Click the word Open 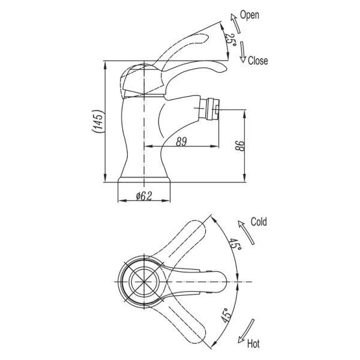(249, 15)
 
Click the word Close (257, 61)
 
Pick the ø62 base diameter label (144, 195)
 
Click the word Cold (259, 221)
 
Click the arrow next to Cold (244, 232)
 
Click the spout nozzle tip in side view (214, 110)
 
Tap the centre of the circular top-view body (144, 281)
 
